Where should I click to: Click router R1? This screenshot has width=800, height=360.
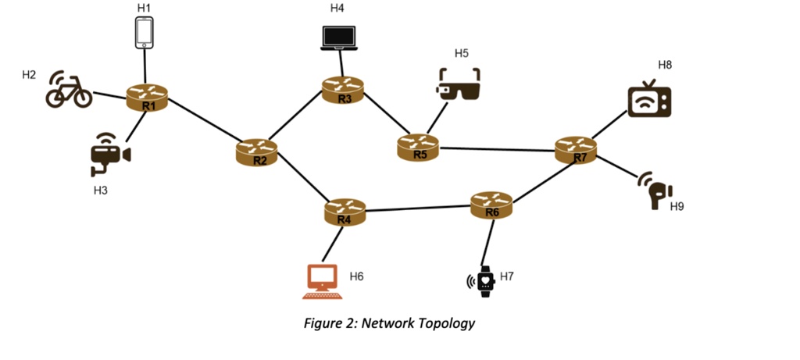coord(148,99)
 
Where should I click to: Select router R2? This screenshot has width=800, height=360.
coord(257,151)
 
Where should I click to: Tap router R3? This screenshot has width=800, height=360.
coord(344,90)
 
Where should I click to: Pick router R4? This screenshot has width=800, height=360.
coord(345,212)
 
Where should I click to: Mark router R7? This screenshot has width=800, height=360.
coord(577,149)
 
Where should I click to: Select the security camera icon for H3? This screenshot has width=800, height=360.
coord(110,156)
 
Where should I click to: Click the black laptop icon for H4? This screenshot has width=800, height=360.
coord(338,39)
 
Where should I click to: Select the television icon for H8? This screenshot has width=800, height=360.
coord(649,99)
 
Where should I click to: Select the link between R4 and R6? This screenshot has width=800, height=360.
coord(418,209)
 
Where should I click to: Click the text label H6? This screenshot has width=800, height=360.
coord(357,276)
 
